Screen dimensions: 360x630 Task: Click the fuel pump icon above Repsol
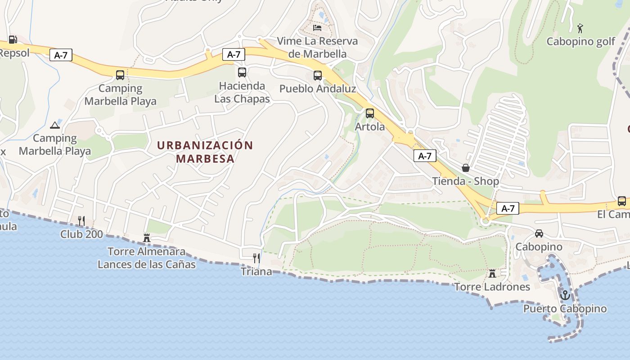click(13, 40)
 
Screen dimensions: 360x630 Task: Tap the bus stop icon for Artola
click(370, 113)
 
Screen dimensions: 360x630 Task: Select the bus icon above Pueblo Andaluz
click(318, 76)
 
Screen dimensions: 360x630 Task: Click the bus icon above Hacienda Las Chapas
click(242, 72)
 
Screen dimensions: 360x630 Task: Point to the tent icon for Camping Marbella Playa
click(55, 125)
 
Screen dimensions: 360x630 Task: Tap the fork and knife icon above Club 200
click(81, 220)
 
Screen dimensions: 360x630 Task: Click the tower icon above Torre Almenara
click(147, 238)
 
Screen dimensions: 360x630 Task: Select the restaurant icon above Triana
click(256, 258)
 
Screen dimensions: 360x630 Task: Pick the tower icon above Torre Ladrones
click(492, 273)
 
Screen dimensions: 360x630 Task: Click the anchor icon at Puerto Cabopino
click(565, 295)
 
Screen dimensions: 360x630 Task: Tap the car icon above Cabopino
click(539, 233)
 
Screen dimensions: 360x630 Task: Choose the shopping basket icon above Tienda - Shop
click(466, 168)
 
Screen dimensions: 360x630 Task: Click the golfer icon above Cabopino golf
click(580, 28)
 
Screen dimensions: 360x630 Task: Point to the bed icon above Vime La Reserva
click(318, 28)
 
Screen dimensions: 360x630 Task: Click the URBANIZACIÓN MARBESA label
click(205, 152)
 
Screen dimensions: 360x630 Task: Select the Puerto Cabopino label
click(565, 309)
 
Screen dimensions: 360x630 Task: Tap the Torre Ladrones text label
click(492, 287)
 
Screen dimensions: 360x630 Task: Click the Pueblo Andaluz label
click(318, 89)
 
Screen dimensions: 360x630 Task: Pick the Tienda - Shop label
click(466, 181)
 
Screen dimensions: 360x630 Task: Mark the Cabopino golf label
click(580, 41)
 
